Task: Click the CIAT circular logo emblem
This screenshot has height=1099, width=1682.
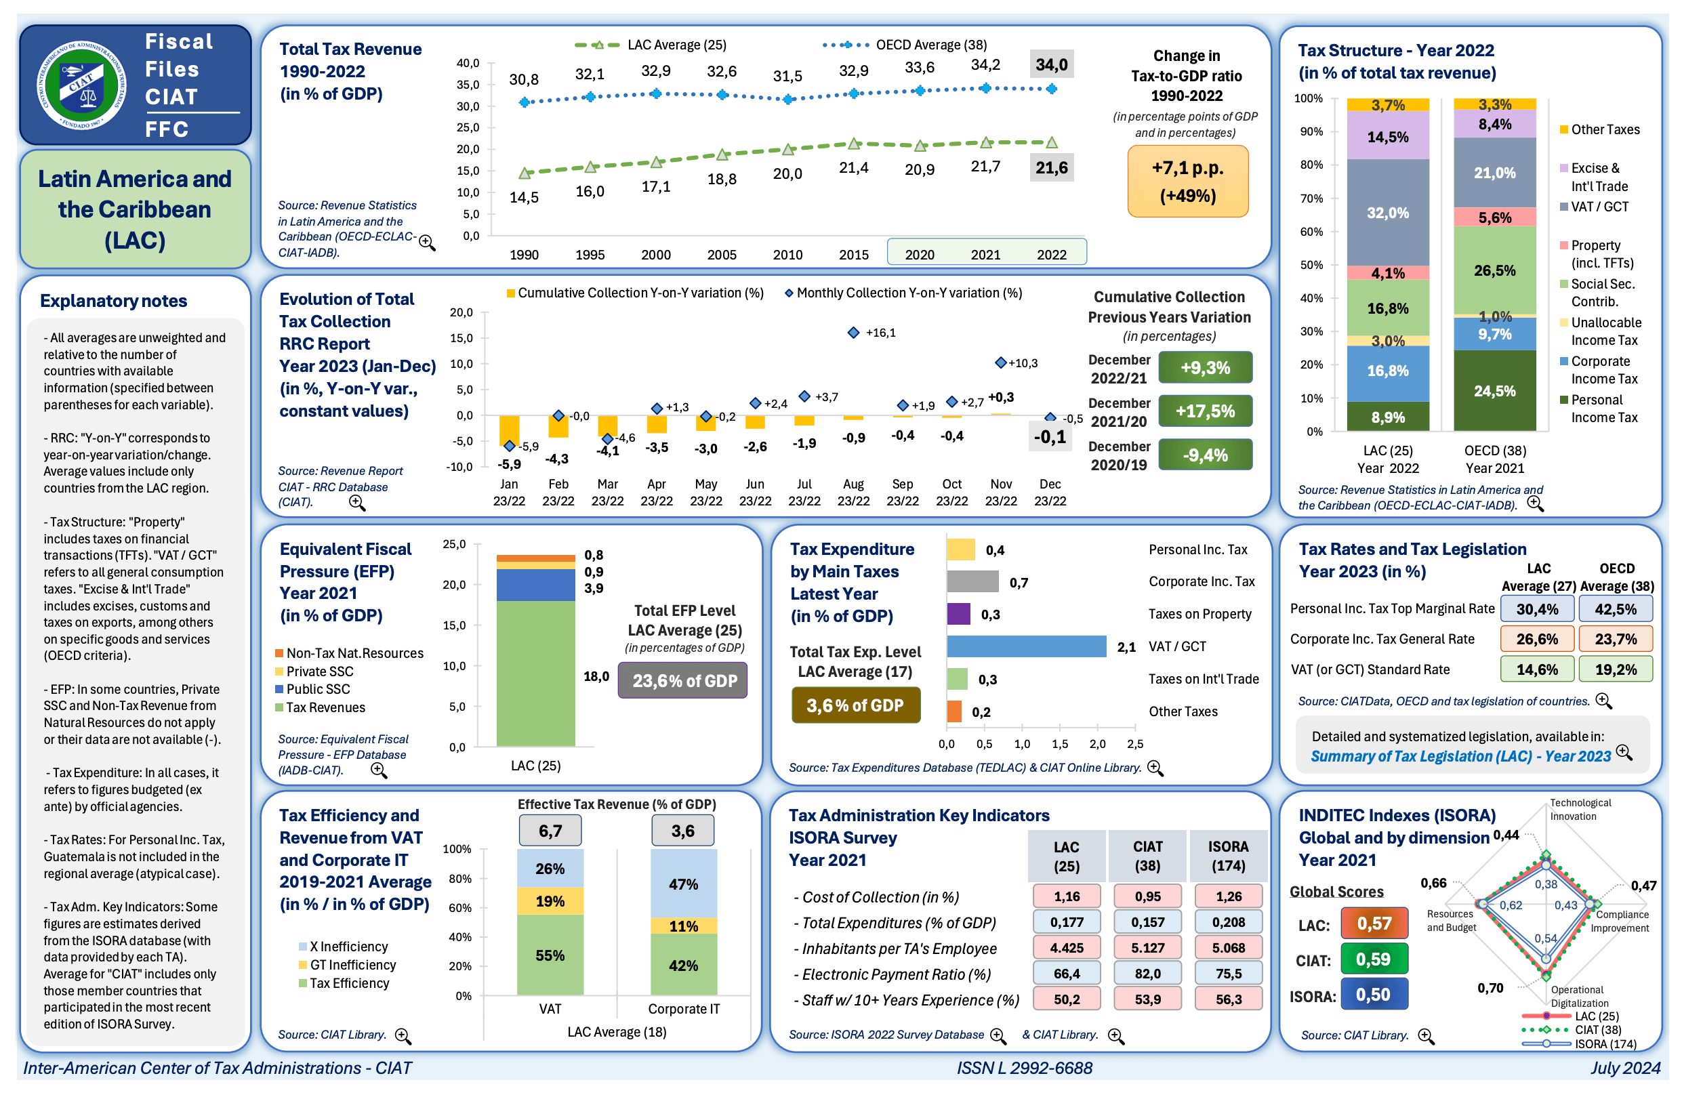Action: [82, 85]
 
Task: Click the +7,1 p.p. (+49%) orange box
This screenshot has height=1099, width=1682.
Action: [1187, 182]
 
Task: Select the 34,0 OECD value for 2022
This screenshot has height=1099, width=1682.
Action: [1051, 65]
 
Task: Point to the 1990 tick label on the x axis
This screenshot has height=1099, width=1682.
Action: [524, 255]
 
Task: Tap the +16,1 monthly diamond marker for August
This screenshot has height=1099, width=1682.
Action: [853, 333]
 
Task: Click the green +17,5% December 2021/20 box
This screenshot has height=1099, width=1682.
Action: [1205, 411]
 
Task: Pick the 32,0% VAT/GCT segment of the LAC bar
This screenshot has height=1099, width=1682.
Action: [1387, 213]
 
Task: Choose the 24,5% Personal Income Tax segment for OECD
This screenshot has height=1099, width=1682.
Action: [1494, 391]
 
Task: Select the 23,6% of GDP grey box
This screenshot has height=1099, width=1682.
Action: [683, 680]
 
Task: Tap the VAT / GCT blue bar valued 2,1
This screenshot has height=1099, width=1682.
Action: [1026, 646]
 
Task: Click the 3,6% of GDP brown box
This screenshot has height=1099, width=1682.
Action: [855, 705]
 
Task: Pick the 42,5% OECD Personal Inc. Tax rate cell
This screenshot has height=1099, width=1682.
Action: [1615, 609]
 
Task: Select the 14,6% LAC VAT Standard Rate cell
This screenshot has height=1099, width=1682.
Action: [1536, 669]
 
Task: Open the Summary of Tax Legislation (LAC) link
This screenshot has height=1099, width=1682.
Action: [1460, 756]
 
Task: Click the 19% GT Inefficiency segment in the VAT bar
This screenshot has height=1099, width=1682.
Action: [550, 901]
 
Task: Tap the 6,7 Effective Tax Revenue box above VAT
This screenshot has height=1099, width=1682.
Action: [550, 831]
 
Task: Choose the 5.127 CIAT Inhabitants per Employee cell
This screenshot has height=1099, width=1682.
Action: [1147, 948]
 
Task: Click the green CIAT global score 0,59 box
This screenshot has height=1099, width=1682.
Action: [1373, 959]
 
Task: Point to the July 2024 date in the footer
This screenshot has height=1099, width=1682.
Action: [1625, 1068]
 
